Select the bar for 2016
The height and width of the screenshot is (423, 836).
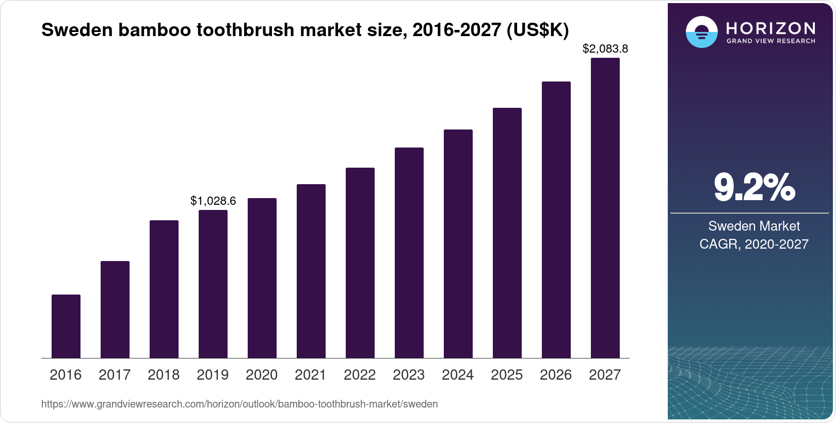[x=66, y=326]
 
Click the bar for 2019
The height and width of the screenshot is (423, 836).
[x=213, y=284]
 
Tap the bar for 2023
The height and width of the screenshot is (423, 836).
[x=409, y=253]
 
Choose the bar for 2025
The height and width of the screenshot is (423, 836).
[x=507, y=233]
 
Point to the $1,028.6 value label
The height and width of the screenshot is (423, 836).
[x=213, y=201]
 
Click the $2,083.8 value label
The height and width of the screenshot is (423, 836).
[x=605, y=49]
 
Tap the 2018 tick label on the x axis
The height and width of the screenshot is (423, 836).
[x=164, y=375]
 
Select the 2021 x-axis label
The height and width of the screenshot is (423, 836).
[x=311, y=375]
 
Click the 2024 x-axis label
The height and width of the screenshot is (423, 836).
[x=458, y=375]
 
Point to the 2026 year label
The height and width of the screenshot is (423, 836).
[x=556, y=375]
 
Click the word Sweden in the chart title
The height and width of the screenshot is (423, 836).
[x=77, y=30]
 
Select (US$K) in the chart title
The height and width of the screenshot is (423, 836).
[x=537, y=30]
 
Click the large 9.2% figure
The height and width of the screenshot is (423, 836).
[x=754, y=187]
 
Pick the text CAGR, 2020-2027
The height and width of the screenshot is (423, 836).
[x=754, y=244]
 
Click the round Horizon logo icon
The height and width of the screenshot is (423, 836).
[x=701, y=32]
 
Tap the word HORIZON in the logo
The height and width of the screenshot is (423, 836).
[x=770, y=28]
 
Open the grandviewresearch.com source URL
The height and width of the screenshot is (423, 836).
[x=239, y=404]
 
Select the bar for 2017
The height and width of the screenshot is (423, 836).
[x=115, y=310]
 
